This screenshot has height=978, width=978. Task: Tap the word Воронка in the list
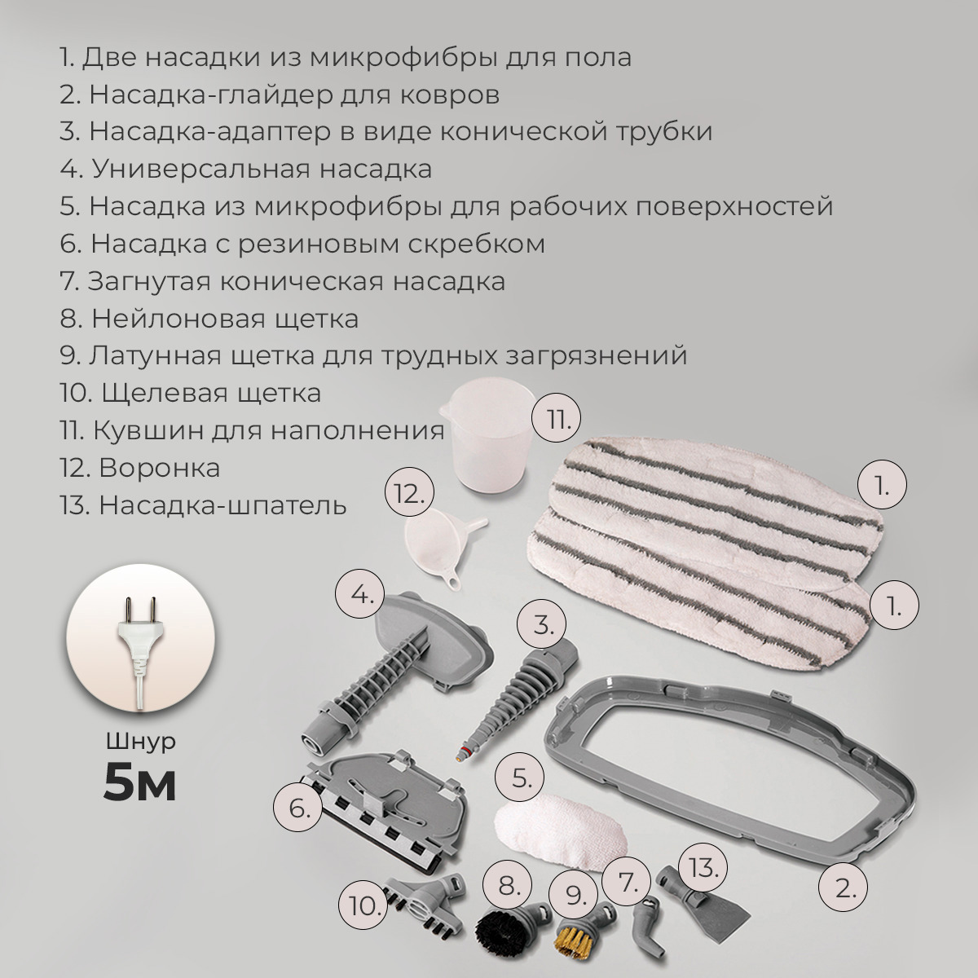pyautogui.click(x=159, y=468)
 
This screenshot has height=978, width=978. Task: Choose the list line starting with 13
pyautogui.click(x=203, y=505)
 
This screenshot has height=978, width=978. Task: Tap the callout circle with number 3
pyautogui.click(x=543, y=626)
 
